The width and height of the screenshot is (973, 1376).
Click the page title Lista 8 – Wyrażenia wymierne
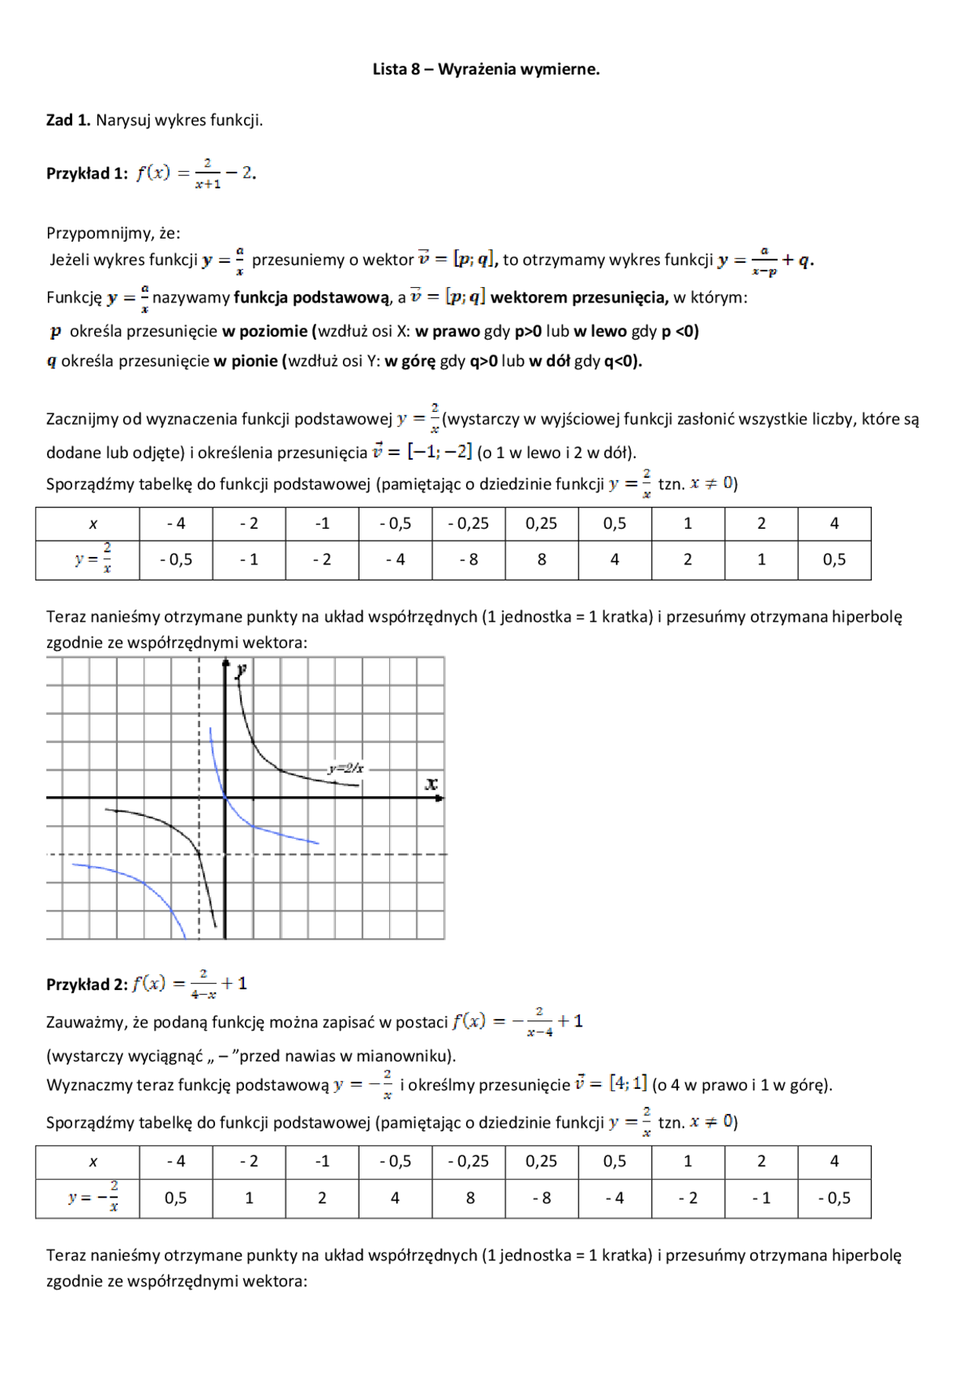(486, 69)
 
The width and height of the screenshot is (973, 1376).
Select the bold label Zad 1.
(68, 120)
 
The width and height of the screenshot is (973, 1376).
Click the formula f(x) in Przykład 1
(196, 173)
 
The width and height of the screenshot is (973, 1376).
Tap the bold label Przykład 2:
(87, 984)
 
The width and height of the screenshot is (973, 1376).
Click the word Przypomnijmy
(100, 232)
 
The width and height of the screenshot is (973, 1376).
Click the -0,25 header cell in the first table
(468, 524)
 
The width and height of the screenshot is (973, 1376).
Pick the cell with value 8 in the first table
(541, 560)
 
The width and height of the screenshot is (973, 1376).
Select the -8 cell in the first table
(468, 560)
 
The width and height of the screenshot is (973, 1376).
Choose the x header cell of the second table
(93, 1162)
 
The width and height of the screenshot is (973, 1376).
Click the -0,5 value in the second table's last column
(834, 1198)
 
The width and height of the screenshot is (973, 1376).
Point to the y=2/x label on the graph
(346, 768)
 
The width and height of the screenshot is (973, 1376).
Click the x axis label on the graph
(431, 783)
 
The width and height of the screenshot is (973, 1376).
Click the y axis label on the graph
(241, 669)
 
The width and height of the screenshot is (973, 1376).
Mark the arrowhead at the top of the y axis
(226, 663)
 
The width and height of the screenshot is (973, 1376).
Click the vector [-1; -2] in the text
(439, 452)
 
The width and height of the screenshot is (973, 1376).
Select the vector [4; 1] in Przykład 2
(628, 1083)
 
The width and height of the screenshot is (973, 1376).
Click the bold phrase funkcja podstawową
(312, 298)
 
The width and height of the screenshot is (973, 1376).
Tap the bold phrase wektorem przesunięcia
(579, 298)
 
